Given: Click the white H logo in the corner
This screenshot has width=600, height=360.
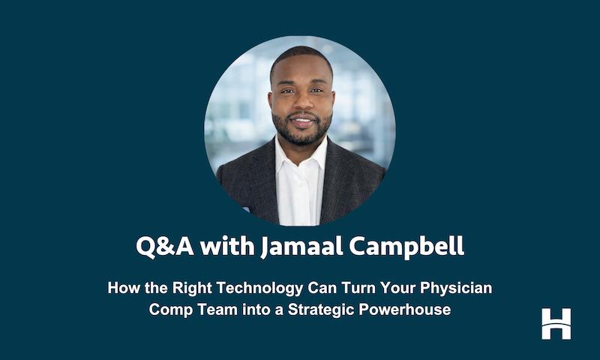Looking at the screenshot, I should [556, 323].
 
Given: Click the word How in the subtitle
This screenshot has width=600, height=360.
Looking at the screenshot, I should [123, 288].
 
